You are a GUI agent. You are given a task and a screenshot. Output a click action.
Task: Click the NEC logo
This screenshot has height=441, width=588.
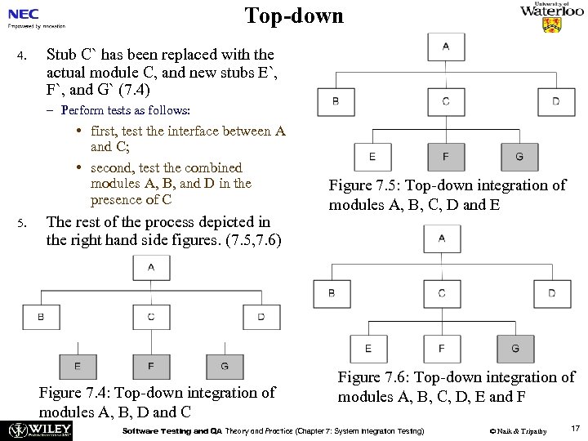pyautogui.click(x=24, y=15)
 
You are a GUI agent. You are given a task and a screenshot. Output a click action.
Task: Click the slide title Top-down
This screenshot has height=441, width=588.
pyautogui.click(x=294, y=16)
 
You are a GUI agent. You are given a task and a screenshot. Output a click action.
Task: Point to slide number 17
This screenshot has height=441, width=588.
pyautogui.click(x=575, y=428)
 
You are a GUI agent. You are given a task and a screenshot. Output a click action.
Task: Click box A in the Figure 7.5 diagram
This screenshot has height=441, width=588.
pyautogui.click(x=446, y=47)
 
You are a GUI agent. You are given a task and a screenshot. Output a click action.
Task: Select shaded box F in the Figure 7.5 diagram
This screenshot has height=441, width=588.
pyautogui.click(x=446, y=157)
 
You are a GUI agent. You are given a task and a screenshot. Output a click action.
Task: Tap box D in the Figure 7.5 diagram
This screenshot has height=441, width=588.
pyautogui.click(x=556, y=102)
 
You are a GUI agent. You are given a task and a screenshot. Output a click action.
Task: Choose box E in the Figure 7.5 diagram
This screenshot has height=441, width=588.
pyautogui.click(x=372, y=157)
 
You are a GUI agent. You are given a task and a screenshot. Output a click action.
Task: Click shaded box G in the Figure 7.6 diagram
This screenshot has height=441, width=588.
pyautogui.click(x=515, y=349)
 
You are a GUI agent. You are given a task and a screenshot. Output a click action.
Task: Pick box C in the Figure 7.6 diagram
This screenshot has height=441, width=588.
pyautogui.click(x=442, y=293)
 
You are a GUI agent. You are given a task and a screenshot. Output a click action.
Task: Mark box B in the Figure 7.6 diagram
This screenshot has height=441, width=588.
pyautogui.click(x=332, y=293)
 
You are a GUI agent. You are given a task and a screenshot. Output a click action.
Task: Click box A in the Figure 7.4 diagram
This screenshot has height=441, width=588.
pyautogui.click(x=151, y=267)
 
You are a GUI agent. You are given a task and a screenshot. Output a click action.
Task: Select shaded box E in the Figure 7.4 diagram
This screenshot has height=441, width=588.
pyautogui.click(x=78, y=366)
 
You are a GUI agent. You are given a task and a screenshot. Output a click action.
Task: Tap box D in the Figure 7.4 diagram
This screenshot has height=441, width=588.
pyautogui.click(x=261, y=316)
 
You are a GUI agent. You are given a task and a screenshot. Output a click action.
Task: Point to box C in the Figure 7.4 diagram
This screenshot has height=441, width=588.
pyautogui.click(x=151, y=316)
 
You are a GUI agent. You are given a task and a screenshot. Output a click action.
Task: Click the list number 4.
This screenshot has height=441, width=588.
pyautogui.click(x=23, y=56)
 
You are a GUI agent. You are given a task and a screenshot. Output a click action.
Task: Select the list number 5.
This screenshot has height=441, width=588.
pyautogui.click(x=23, y=223)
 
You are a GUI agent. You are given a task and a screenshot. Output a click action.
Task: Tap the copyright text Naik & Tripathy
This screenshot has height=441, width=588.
pyautogui.click(x=518, y=430)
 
